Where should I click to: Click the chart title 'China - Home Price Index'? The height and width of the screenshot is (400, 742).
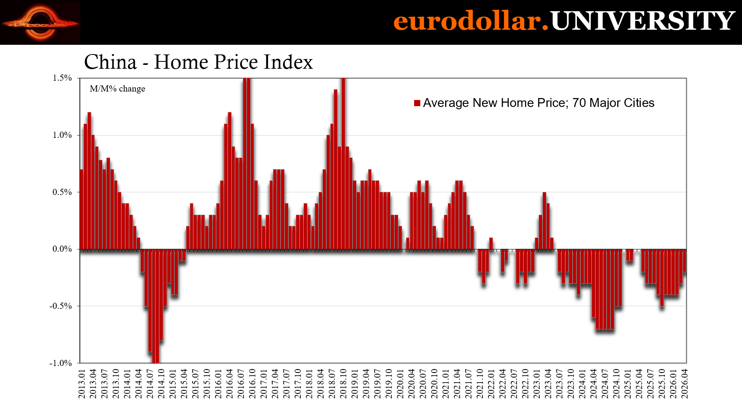198,62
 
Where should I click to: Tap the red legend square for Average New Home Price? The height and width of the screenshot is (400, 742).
417,103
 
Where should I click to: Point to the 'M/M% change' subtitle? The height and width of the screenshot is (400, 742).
118,89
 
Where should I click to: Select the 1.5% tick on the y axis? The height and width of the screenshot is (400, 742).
62,78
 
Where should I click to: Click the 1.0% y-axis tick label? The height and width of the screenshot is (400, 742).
62,135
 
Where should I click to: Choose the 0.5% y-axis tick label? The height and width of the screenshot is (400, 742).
62,192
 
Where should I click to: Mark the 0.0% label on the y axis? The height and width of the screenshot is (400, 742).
62,249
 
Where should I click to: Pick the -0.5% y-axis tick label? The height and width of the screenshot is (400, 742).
61,306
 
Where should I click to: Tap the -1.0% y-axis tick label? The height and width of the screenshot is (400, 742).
61,363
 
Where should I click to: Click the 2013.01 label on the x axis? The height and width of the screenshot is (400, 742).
82,383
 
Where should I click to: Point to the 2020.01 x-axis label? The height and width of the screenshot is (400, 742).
400,383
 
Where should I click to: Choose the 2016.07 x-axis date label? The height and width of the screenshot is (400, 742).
241,383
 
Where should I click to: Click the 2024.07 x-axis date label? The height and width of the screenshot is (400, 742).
605,383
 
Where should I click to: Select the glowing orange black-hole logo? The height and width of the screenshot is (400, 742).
40,23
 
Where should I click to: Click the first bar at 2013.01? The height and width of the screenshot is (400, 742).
82,209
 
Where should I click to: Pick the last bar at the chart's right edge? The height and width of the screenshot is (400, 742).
685,261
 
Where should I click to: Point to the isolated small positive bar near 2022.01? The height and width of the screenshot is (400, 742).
491,243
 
